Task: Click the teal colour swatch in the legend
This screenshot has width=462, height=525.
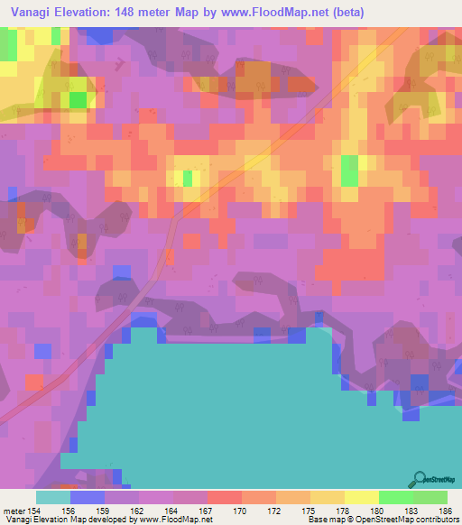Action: tap(53, 497)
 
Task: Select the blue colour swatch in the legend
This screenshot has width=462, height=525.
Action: tap(88, 497)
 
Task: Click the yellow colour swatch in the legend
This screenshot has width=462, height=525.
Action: tap(362, 497)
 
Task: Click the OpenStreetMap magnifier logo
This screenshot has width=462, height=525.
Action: tap(419, 480)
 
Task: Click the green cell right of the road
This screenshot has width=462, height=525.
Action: tap(349, 169)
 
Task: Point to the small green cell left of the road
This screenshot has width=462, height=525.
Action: tap(188, 178)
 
